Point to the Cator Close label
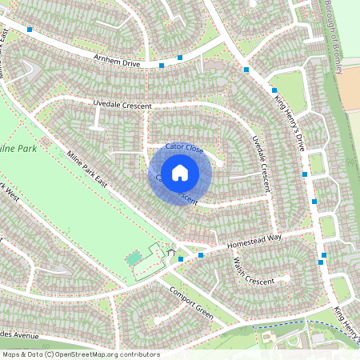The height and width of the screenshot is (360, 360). coord(185,148)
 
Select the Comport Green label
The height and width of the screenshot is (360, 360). coord(191,302)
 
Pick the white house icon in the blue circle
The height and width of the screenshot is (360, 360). coord(180,171)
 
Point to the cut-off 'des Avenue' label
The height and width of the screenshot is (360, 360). coord(19,334)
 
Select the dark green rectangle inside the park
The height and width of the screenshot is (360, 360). coord(134,258)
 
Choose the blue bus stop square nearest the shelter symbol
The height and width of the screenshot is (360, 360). coord(182,258)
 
